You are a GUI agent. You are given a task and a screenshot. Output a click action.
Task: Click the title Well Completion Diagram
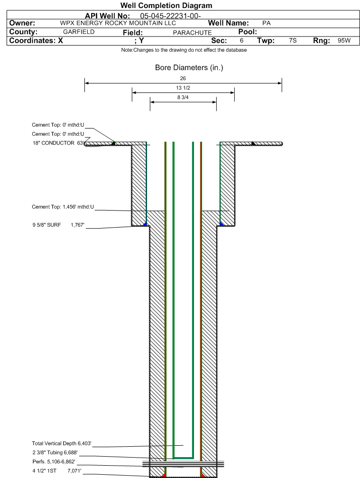[166, 6]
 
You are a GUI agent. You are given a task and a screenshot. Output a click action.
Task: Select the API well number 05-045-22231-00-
[170, 16]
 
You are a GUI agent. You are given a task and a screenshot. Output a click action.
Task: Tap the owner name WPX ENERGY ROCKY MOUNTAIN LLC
[118, 23]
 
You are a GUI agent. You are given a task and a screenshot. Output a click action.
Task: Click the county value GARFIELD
[79, 32]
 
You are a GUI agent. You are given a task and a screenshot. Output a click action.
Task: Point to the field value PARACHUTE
[193, 33]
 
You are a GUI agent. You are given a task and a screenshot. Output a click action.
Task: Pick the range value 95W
[344, 41]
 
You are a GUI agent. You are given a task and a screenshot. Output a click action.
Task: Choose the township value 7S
[293, 41]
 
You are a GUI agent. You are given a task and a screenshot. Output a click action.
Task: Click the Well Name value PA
[267, 23]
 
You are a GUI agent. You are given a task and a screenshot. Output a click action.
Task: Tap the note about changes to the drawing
[184, 50]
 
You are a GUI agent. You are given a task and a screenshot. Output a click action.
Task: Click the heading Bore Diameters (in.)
[189, 68]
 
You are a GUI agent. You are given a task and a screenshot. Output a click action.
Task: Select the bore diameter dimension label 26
[183, 78]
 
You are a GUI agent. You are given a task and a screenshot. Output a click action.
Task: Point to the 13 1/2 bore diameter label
[183, 88]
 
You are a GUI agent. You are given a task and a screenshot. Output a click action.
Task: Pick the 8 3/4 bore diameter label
[183, 97]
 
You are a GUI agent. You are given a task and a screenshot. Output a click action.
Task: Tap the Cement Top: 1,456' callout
[63, 207]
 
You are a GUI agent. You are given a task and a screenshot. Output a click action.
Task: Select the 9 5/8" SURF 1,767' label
[58, 225]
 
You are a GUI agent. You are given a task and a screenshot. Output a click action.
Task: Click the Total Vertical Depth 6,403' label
[62, 443]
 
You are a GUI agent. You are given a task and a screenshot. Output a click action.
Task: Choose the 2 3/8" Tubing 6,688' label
[55, 452]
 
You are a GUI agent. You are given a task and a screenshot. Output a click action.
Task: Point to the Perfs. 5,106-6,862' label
[54, 461]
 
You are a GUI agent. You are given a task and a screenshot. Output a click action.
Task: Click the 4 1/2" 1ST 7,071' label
[57, 471]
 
